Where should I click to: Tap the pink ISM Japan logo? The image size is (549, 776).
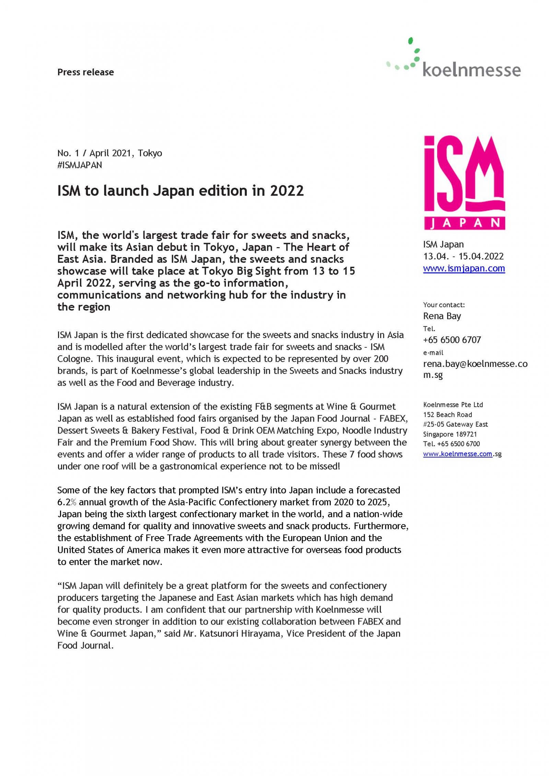[x=464, y=182]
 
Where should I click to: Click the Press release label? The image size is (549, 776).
[x=85, y=72]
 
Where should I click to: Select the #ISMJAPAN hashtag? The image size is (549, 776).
[x=80, y=165]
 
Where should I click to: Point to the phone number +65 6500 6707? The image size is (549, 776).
[x=452, y=340]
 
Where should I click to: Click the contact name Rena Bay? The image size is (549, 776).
[x=442, y=316]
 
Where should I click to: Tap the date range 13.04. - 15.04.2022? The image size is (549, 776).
[x=463, y=256]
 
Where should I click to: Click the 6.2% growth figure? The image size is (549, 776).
[x=69, y=502]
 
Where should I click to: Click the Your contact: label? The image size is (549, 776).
[x=444, y=305]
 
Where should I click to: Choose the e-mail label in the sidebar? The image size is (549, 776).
[x=433, y=352]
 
